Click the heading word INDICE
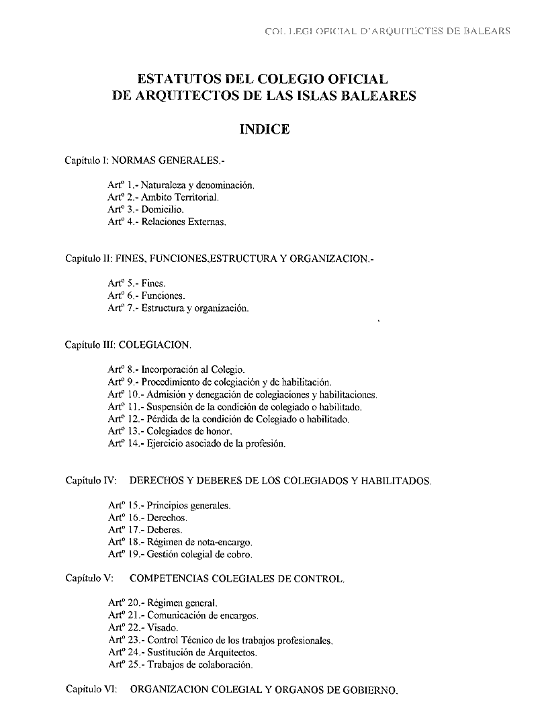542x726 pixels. [x=265, y=130]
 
